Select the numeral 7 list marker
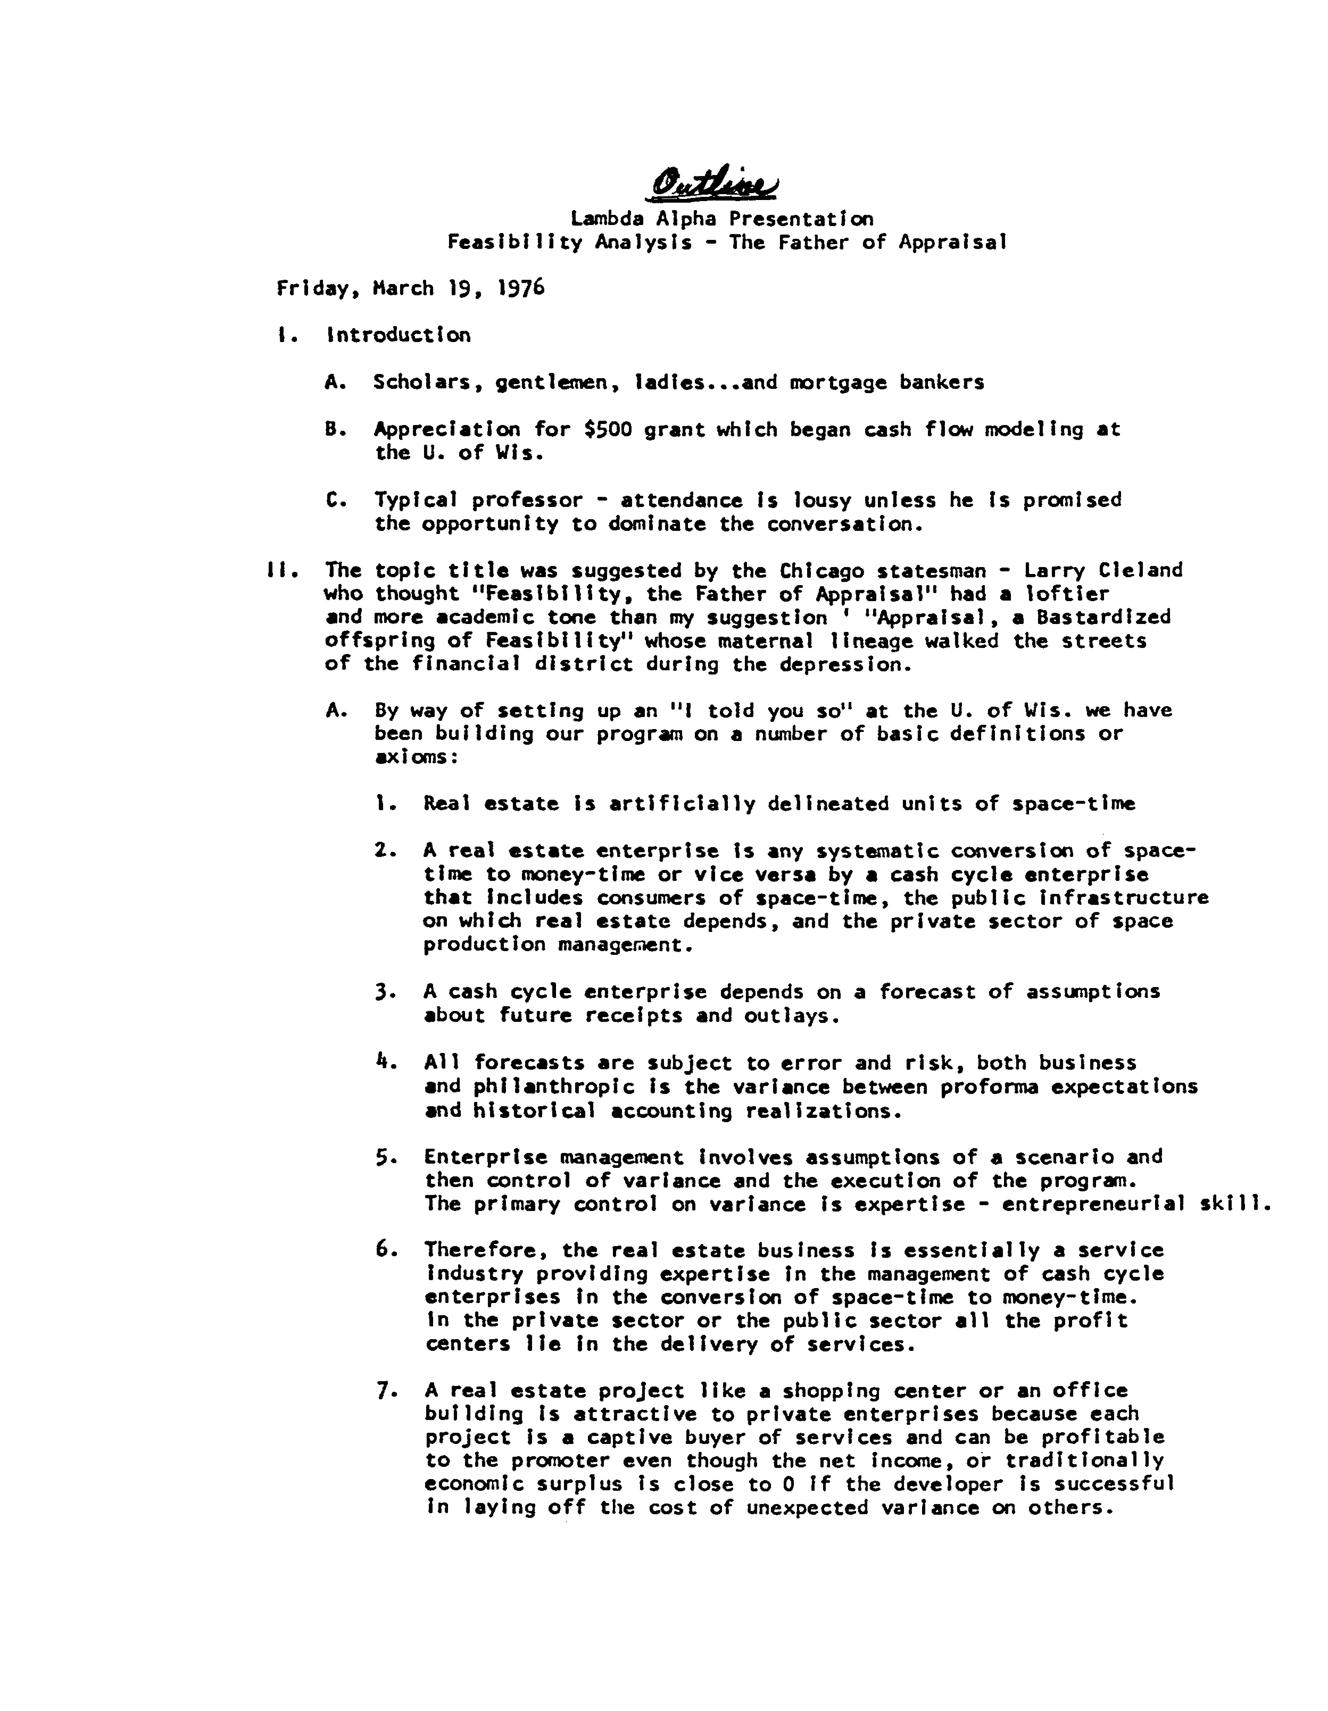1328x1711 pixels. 382,1391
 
